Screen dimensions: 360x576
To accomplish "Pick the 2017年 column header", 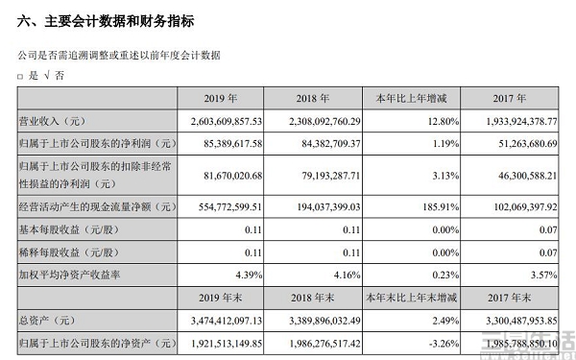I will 494,98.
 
